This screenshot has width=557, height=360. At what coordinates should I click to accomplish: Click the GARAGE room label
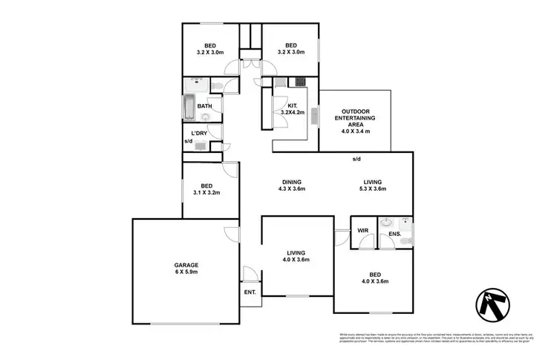point(186,268)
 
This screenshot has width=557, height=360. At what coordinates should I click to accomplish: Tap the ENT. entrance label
point(250,292)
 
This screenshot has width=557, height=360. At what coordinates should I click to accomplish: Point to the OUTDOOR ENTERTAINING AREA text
point(357,118)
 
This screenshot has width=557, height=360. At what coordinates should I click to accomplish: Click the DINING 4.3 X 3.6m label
point(291,186)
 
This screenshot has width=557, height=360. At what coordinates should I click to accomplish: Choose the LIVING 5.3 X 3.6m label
point(372,186)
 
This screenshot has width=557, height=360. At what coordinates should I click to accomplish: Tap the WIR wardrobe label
point(362,231)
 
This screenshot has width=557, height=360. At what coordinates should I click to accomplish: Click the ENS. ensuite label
point(394,235)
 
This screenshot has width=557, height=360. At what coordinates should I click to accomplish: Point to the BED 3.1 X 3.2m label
point(206,189)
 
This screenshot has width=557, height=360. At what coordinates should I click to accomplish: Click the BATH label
point(204,106)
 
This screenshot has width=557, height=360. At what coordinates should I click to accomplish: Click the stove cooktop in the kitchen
point(301,82)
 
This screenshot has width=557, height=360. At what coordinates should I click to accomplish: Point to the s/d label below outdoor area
point(356,159)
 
